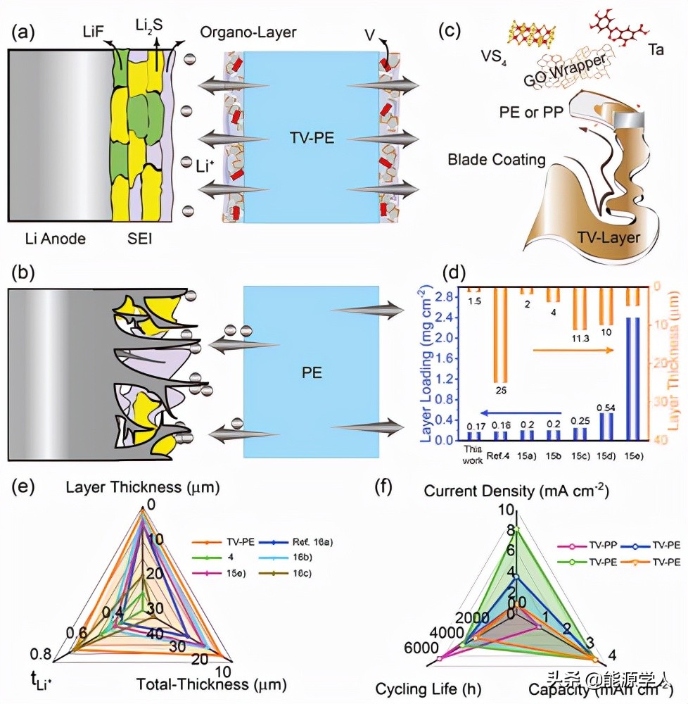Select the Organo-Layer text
[248, 32]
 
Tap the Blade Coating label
[497, 160]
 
